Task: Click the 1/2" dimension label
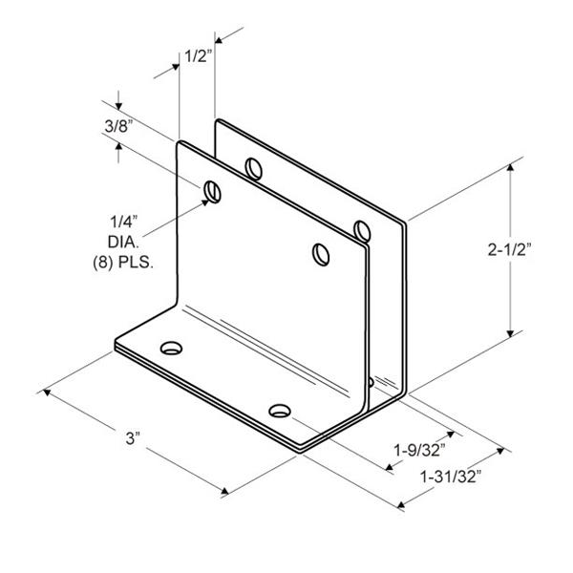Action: point(198,56)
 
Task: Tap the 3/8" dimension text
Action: point(118,126)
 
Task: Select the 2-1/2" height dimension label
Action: point(509,249)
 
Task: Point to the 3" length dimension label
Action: point(133,438)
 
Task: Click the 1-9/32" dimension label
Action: point(419,450)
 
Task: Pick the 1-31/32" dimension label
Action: point(450,477)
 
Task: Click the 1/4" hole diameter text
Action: point(124,222)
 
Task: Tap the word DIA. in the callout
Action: point(123,242)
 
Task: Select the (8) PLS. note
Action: point(123,263)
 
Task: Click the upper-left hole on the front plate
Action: point(212,192)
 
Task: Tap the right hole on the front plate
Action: point(321,254)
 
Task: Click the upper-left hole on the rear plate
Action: point(254,168)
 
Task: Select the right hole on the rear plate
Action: point(362,231)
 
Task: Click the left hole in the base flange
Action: point(171,348)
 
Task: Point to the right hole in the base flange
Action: point(280,411)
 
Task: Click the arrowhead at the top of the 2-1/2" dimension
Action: point(510,167)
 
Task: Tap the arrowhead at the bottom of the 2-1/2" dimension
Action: point(510,333)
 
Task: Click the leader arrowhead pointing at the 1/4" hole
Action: point(205,202)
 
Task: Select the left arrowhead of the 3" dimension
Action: point(47,393)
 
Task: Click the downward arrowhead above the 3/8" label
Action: point(118,106)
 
